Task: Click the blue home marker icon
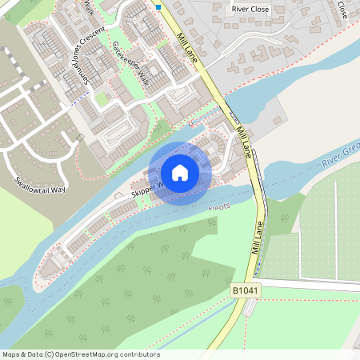tap(180, 173)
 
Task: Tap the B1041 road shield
tap(246, 290)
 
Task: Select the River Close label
tap(250, 10)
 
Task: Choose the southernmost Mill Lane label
tap(258, 238)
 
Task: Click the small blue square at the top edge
tap(158, 6)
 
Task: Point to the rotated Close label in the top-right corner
tap(342, 10)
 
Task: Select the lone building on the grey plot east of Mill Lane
tap(277, 120)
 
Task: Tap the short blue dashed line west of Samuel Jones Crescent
tap(77, 102)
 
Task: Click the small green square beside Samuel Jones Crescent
tap(101, 98)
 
